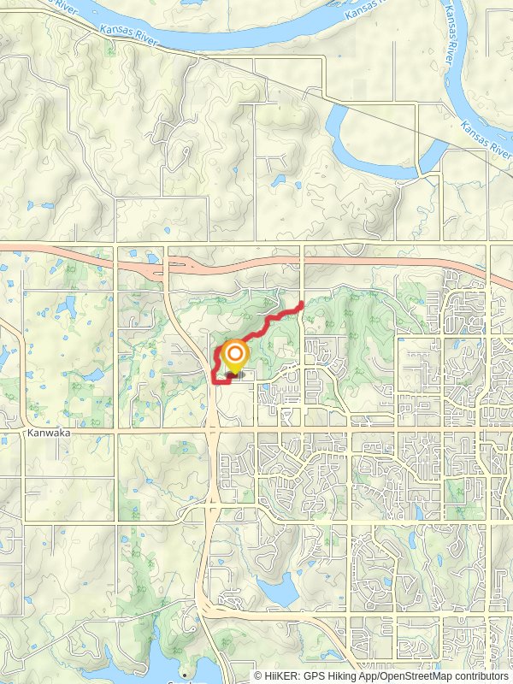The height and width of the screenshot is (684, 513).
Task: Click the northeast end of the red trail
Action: coord(303,304)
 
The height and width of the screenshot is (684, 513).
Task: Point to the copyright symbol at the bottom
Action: coord(259,675)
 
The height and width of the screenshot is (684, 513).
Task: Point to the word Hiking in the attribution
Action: coord(345,675)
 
